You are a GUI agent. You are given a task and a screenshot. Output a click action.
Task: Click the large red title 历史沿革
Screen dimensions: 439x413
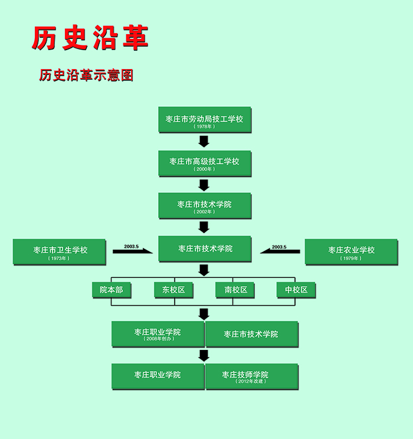point(90,39)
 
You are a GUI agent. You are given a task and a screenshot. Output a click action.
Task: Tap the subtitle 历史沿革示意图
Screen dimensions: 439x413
point(86,76)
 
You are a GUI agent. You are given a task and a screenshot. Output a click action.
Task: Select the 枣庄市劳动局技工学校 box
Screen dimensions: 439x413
point(205,120)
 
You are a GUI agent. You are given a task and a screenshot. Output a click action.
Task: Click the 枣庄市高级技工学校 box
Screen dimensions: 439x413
point(205,163)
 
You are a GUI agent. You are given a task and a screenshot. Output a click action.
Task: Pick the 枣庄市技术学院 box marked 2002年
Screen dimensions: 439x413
point(205,206)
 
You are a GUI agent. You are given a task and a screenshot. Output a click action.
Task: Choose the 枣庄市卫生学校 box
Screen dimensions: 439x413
point(59,252)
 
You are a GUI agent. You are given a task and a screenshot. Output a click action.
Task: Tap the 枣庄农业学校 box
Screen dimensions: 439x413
point(351,252)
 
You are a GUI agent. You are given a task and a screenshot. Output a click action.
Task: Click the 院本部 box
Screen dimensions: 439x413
point(112,290)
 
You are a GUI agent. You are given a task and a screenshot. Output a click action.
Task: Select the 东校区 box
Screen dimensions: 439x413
point(173,290)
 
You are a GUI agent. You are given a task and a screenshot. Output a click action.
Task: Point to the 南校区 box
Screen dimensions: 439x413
point(235,290)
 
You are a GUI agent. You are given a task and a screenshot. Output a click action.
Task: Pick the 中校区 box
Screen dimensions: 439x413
point(296,290)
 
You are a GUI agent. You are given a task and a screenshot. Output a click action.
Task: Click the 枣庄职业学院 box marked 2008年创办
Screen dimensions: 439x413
point(158,335)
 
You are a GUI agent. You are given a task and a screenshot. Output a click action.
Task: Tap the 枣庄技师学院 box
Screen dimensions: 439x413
point(251,376)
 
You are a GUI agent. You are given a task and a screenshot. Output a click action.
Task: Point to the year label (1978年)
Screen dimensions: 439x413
point(205,126)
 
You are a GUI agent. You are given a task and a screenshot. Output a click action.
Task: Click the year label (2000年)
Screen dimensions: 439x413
point(205,169)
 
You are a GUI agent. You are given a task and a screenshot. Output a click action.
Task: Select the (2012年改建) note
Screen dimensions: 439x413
point(251,382)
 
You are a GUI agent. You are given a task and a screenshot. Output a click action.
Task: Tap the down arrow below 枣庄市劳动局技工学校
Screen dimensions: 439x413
point(204,141)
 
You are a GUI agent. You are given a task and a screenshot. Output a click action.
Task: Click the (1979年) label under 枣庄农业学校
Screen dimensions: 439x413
point(351,258)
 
